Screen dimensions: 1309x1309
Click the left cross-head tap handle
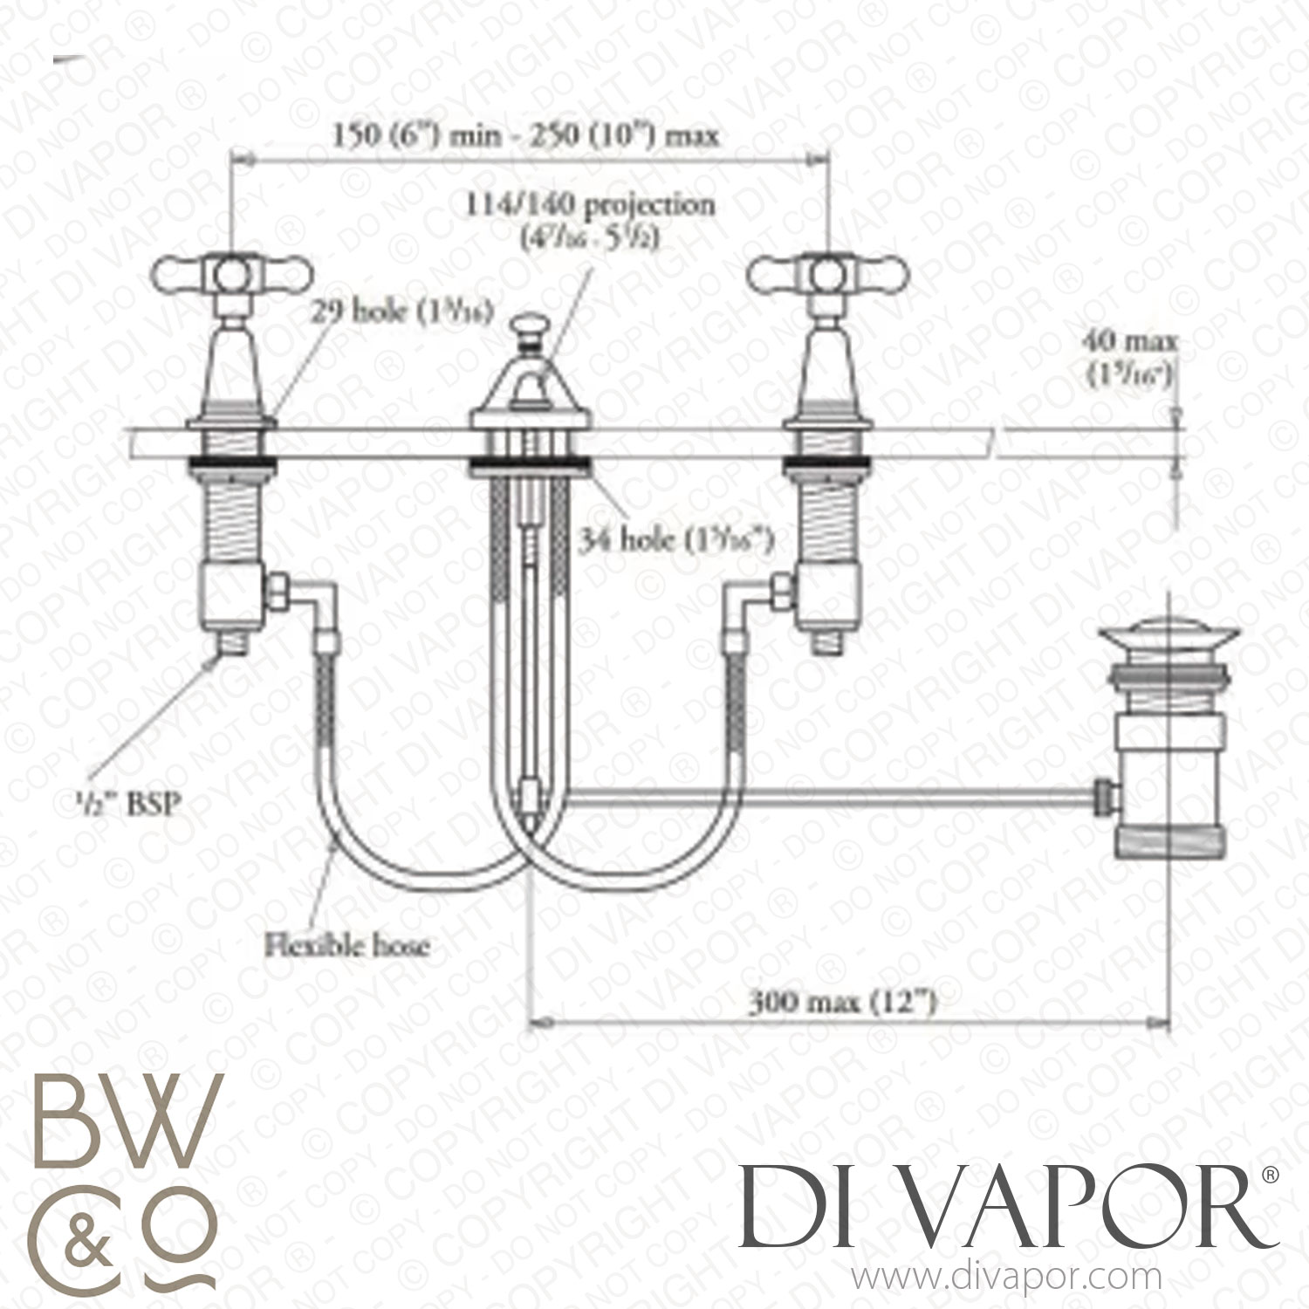[231, 274]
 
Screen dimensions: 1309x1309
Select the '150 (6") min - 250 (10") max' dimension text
[525, 137]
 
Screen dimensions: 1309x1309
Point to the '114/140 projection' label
[590, 206]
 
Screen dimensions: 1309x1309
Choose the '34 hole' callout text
[676, 542]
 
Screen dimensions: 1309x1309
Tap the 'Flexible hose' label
[347, 943]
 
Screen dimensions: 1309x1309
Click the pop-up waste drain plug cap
[1134, 642]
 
